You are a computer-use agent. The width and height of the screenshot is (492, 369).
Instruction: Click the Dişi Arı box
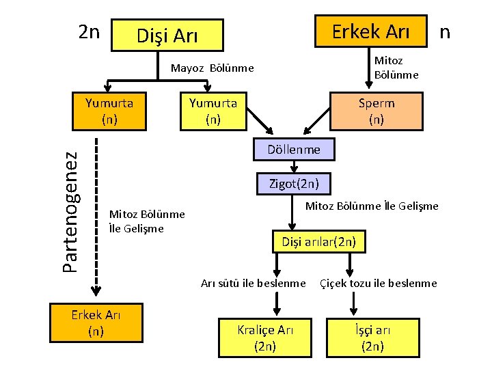click(x=167, y=35)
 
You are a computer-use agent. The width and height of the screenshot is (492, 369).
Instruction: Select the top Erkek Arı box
click(x=370, y=31)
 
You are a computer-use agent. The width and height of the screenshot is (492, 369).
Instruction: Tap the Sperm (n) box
click(x=376, y=111)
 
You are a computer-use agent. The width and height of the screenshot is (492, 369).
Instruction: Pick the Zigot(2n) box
click(x=294, y=183)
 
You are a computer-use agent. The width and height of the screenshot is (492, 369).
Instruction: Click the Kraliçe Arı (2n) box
click(x=265, y=338)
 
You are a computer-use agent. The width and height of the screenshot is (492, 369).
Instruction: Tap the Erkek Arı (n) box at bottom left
click(x=96, y=322)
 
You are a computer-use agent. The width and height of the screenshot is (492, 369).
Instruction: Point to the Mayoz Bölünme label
click(x=212, y=68)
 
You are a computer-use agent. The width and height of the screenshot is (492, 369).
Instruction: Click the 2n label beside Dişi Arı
click(x=89, y=32)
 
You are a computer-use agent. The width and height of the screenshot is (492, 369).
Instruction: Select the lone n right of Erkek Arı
click(x=445, y=31)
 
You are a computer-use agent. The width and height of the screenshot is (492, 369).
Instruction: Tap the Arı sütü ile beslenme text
click(x=254, y=283)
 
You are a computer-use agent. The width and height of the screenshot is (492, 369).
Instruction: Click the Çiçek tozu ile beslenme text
click(x=379, y=283)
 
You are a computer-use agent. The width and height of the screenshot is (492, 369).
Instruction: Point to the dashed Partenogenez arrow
click(x=97, y=219)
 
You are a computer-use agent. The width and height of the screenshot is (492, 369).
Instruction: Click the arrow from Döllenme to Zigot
click(x=294, y=166)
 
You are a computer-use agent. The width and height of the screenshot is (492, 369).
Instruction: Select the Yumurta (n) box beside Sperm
click(x=213, y=111)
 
